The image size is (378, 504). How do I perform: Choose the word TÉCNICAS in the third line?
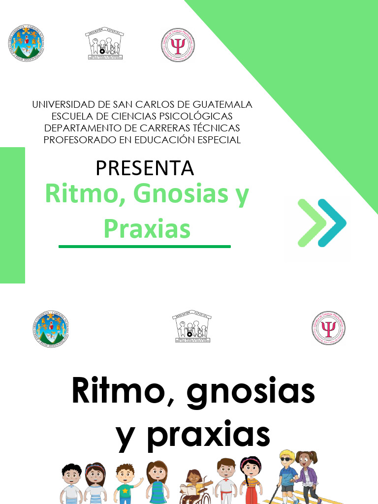pyautogui.click(x=219, y=128)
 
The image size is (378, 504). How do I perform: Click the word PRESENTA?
pyautogui.click(x=145, y=168)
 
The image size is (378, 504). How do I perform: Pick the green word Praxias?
pyautogui.click(x=147, y=229)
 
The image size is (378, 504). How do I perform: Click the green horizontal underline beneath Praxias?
pyautogui.click(x=145, y=246)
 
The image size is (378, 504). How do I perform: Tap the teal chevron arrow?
pyautogui.click(x=332, y=223)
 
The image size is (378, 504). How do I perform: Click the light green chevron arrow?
pyautogui.click(x=311, y=223)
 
